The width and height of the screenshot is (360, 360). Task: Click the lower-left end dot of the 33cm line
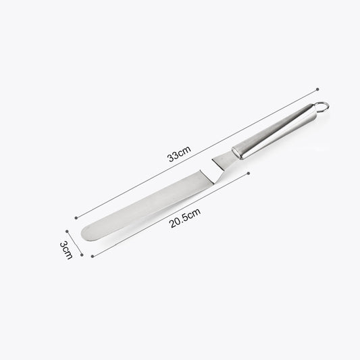tap(72, 217)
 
